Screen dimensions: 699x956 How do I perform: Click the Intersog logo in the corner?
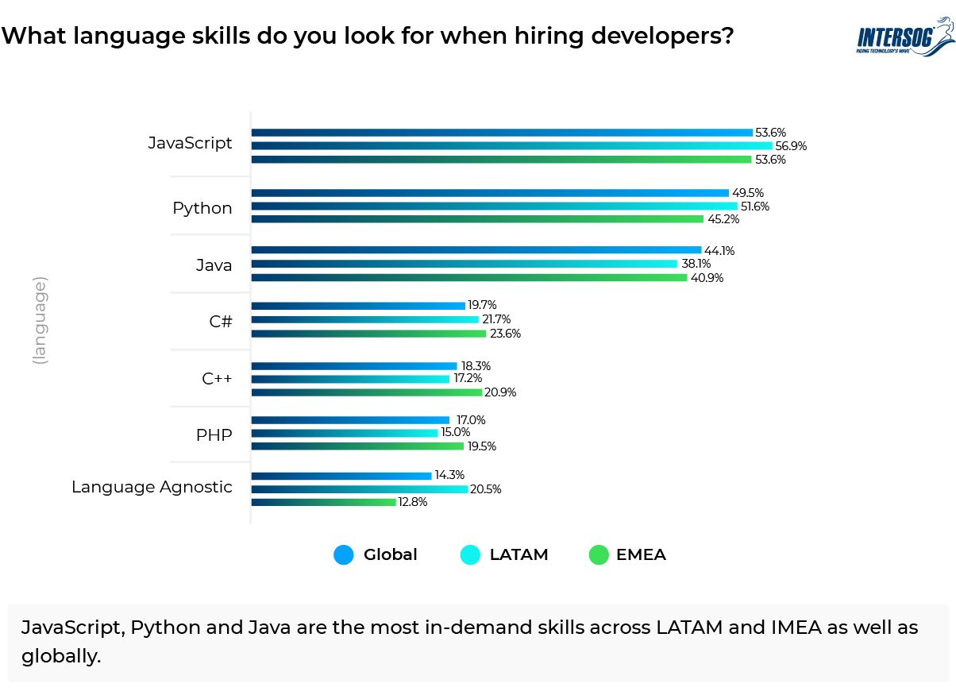coord(904,38)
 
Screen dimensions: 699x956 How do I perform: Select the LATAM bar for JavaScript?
coord(512,146)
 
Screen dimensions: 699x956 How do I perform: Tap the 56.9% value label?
coord(790,146)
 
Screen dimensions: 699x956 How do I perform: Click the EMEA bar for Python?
coord(477,219)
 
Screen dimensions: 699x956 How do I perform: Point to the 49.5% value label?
coord(746,193)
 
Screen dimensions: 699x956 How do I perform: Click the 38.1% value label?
coord(695,265)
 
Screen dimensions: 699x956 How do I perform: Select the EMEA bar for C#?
coord(369,334)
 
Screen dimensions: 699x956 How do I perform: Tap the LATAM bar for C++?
coord(350,379)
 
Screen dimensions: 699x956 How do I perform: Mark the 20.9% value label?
coord(500,392)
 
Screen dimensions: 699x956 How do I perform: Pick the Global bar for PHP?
coord(350,420)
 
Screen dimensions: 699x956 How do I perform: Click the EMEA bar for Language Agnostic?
coord(324,502)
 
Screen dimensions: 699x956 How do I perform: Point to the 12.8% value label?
coord(413,502)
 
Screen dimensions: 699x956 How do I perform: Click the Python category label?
coord(202,208)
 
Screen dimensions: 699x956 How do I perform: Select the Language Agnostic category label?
coord(152,487)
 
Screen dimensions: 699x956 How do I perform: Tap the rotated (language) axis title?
coord(40,320)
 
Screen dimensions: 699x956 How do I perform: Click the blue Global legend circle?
coord(344,555)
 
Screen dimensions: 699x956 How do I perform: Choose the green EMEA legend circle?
coord(598,555)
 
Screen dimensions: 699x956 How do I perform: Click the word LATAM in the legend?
coord(518,555)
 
